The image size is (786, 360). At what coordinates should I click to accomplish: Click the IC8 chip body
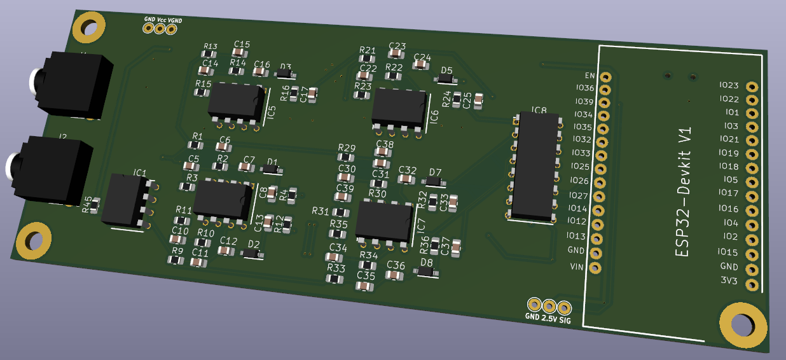[535, 167]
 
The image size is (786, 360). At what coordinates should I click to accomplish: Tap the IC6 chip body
[399, 107]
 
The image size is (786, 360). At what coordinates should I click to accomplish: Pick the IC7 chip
[383, 221]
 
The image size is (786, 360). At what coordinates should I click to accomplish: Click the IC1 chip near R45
[126, 200]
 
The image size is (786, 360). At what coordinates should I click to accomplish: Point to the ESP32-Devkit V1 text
[684, 191]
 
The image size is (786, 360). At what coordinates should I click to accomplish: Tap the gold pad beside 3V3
[752, 284]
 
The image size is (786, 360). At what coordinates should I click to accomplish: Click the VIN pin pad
[595, 268]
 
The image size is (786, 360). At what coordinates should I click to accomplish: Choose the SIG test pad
[563, 306]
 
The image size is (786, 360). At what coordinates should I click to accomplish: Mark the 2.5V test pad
[549, 305]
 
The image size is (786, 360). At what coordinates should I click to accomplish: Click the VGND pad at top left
[170, 29]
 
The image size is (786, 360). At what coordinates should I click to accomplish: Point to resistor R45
[95, 204]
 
